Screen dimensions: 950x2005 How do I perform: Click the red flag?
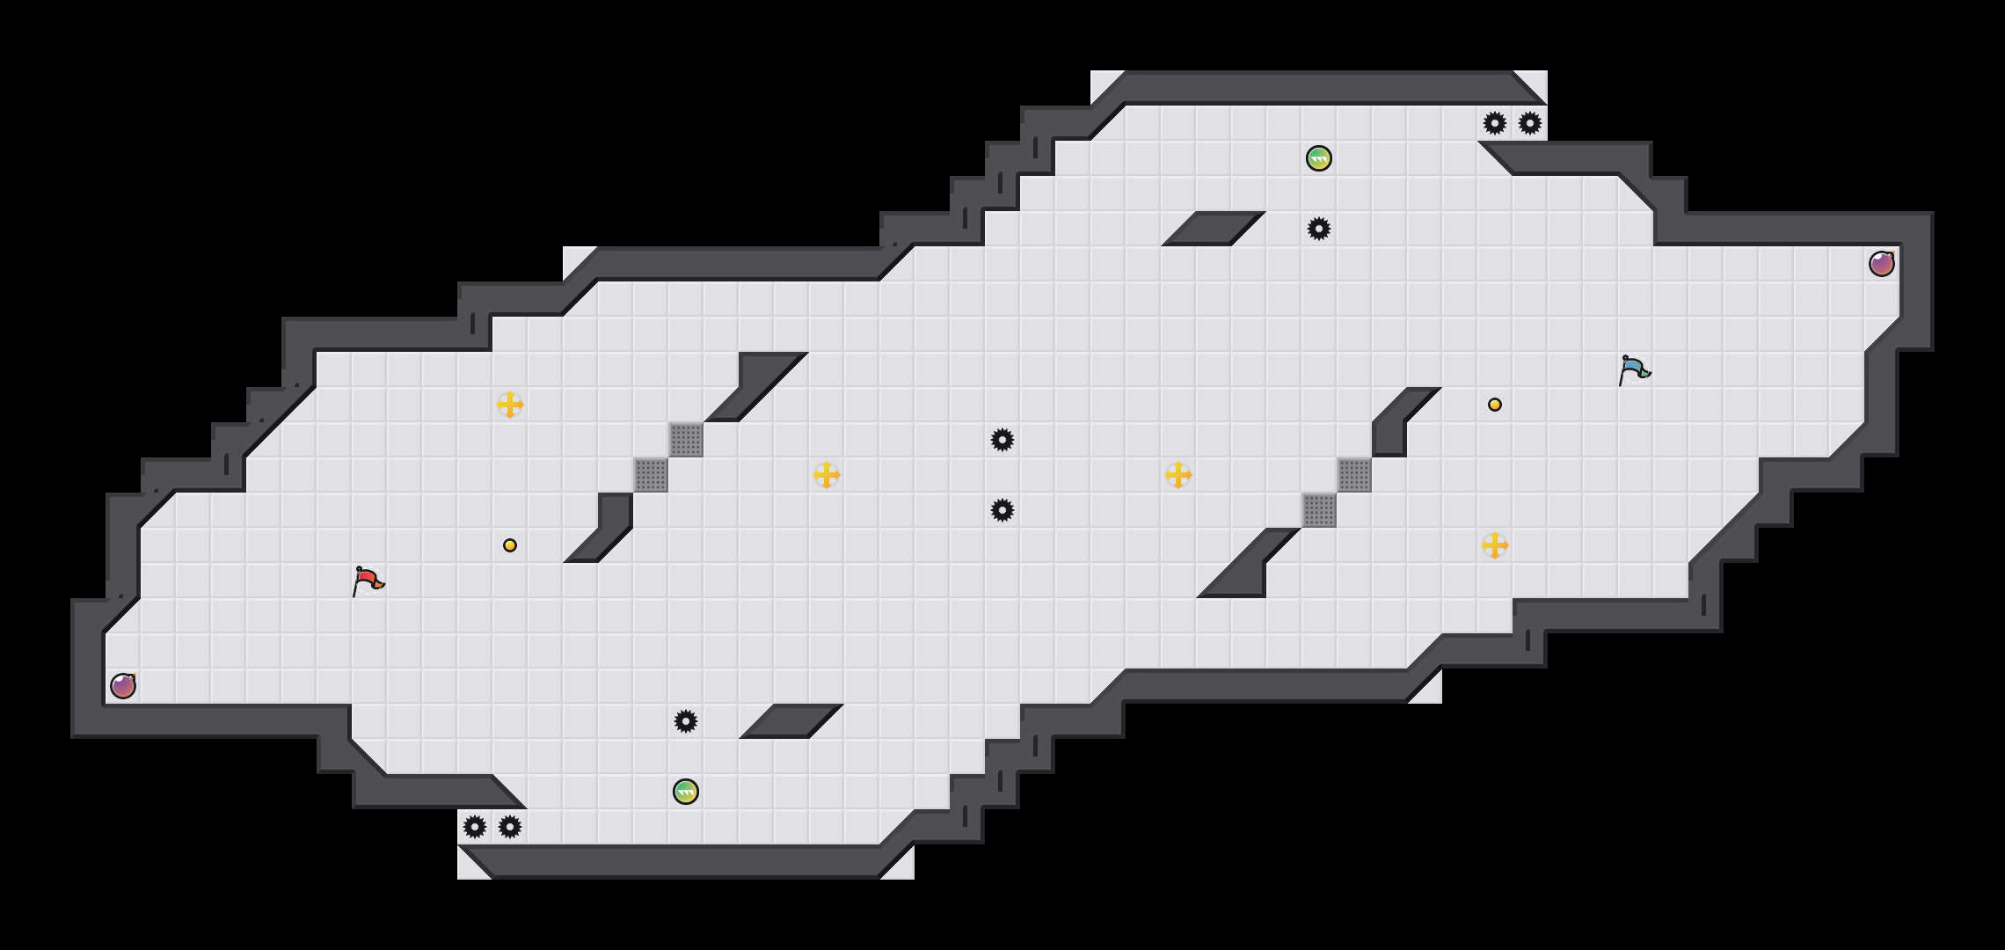click(x=368, y=581)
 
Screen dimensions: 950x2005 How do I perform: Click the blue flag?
click(x=1634, y=369)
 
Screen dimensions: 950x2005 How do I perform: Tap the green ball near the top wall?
click(x=1319, y=158)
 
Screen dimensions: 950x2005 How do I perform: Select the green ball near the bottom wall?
click(x=686, y=792)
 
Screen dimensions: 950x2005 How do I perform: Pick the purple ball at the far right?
click(x=1882, y=264)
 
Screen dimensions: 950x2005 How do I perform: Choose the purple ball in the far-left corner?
click(x=123, y=686)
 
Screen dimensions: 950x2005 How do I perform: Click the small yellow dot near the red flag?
click(x=510, y=545)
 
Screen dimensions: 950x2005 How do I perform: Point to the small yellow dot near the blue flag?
click(x=1495, y=405)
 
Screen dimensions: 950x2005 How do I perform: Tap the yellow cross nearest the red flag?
click(x=510, y=405)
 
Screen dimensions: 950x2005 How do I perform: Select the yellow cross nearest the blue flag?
click(x=1495, y=545)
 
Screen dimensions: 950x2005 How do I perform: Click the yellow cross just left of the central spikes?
click(x=827, y=475)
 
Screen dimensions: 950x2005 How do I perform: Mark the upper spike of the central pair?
click(x=1002, y=440)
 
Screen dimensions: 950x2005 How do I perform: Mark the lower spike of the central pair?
click(x=1002, y=510)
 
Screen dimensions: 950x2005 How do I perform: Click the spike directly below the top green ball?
click(x=1319, y=229)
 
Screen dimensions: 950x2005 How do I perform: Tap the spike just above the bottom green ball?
click(x=686, y=721)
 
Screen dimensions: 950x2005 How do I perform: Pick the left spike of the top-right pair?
click(x=1495, y=123)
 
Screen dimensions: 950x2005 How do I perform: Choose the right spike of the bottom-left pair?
click(x=510, y=827)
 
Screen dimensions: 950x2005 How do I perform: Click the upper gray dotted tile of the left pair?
click(x=686, y=440)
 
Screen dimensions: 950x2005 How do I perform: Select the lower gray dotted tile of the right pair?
click(x=1319, y=510)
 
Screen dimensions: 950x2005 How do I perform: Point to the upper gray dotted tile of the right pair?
click(x=1354, y=475)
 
